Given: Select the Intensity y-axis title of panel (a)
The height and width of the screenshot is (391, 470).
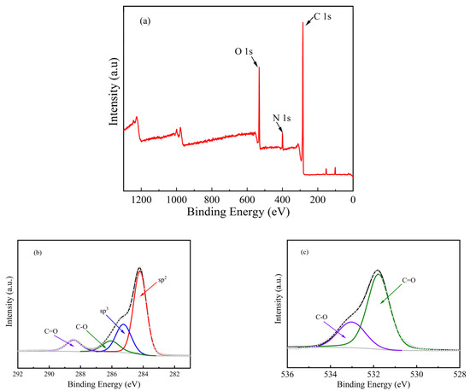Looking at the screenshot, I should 113,98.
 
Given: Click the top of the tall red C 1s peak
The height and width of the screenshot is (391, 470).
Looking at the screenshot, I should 302,22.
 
